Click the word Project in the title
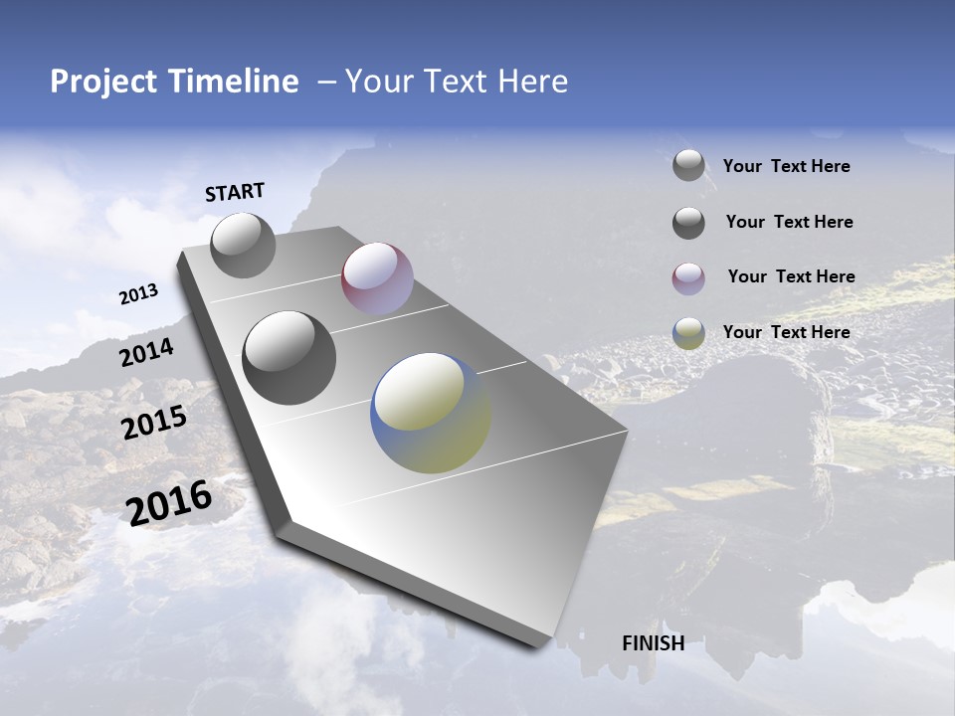(x=101, y=82)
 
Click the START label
(x=235, y=192)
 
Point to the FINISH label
(x=653, y=643)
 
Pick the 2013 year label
(x=138, y=294)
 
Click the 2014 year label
(x=146, y=353)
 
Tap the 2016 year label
(x=169, y=502)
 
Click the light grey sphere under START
(x=243, y=246)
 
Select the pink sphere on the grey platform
(x=377, y=278)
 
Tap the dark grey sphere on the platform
(x=288, y=358)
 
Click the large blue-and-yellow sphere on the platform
(x=430, y=413)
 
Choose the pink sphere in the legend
(x=688, y=278)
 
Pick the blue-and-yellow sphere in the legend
(x=688, y=333)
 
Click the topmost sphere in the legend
(x=688, y=165)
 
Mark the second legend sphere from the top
(x=688, y=223)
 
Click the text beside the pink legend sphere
(x=791, y=276)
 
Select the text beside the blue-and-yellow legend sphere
(x=786, y=332)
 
